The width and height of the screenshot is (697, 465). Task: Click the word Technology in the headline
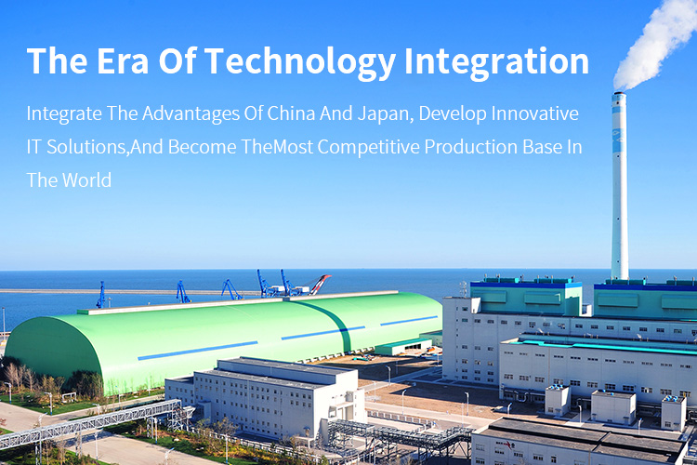pos(300,62)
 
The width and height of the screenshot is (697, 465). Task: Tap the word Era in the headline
pos(123,61)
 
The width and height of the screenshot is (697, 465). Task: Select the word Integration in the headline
pos(496,62)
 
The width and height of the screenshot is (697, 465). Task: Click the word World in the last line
pos(86,180)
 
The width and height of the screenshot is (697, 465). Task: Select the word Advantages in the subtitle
pos(191,114)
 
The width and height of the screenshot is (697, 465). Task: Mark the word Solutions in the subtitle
pos(87,147)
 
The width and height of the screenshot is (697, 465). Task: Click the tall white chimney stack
pos(620,186)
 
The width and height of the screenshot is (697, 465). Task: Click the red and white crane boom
pos(321,284)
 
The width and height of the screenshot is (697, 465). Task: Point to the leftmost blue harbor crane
pos(101,295)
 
